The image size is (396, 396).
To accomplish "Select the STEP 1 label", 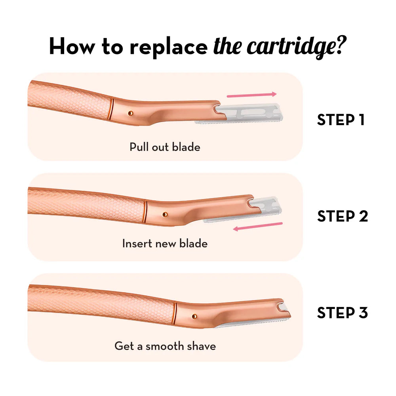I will (x=341, y=120).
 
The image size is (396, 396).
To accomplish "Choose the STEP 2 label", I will (x=343, y=216).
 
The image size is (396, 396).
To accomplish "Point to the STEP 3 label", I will (x=343, y=313).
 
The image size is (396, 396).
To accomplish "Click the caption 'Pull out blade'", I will (x=165, y=147).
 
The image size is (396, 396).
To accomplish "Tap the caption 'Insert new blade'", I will (x=165, y=243).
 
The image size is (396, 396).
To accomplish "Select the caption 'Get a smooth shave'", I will (x=165, y=346).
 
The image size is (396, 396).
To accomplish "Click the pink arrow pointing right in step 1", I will (x=251, y=95).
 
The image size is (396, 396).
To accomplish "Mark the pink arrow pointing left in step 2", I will (x=258, y=227).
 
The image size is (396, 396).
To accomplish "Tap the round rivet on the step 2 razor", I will (x=165, y=214).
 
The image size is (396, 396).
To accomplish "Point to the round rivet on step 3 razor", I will (x=194, y=316).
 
